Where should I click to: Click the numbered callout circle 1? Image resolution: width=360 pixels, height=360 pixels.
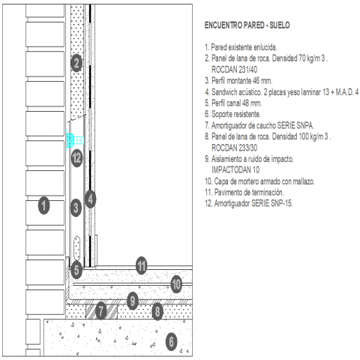pos(44,205)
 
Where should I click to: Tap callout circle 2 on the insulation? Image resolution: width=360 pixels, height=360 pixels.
pos(76,63)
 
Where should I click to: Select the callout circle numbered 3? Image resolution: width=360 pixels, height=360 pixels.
pos(76,208)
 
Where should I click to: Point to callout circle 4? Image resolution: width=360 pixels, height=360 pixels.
pos(91,199)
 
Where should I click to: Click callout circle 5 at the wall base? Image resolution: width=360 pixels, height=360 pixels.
pos(76,270)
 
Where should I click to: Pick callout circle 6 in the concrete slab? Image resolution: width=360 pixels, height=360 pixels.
pos(171,341)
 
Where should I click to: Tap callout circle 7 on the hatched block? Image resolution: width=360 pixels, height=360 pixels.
pos(100,311)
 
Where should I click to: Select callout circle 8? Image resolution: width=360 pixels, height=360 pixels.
pos(157,311)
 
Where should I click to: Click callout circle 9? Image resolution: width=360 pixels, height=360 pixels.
pos(133,301)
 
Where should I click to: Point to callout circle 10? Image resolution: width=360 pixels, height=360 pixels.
pos(176,284)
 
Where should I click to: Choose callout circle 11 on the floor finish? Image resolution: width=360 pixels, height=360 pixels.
pos(142,265)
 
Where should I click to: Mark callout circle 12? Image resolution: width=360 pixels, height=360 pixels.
pos(76,158)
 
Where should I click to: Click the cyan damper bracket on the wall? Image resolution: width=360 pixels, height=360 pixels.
pos(74,140)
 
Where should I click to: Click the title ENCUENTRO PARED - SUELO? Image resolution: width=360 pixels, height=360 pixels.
pos(247,25)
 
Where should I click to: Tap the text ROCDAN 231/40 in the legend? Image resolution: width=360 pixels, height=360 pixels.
pos(234,70)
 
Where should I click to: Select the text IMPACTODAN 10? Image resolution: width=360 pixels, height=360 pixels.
pos(235,170)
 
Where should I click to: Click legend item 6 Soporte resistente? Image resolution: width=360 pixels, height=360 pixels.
pos(232,114)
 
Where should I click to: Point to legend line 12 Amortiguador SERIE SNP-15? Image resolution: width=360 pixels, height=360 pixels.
pos(249,203)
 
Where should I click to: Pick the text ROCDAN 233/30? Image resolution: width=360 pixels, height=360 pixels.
pos(234,148)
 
